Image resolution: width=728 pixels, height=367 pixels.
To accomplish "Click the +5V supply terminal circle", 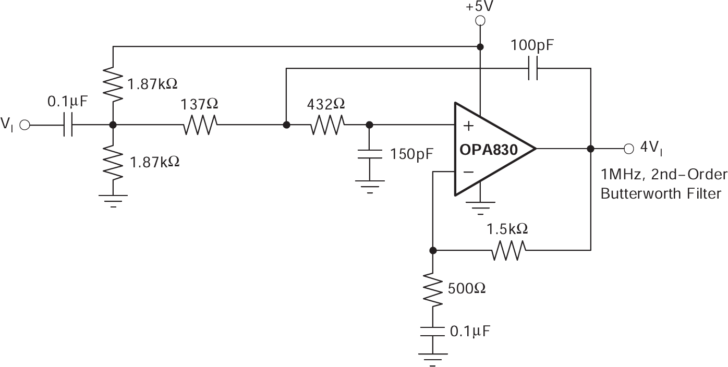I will click(x=480, y=21).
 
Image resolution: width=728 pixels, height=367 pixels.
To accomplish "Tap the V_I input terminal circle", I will click(x=25, y=125).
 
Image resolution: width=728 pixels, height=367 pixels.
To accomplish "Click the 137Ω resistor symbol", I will click(x=200, y=125).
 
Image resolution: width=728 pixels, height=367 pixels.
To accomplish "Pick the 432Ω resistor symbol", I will click(x=327, y=125).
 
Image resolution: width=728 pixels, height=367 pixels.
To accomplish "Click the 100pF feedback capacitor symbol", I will click(x=532, y=68).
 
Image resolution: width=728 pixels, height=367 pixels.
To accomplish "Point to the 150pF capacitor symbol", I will click(x=369, y=154).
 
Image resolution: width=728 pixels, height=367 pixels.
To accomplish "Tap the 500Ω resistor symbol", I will click(x=433, y=288).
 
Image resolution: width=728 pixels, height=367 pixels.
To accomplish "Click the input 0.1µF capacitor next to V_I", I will click(x=68, y=125).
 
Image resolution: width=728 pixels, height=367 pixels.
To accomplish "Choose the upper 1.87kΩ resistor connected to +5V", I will click(x=113, y=82).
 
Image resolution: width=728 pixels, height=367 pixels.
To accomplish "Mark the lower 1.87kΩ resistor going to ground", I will click(x=113, y=161).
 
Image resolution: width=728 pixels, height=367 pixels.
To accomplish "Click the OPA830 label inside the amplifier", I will click(x=488, y=150).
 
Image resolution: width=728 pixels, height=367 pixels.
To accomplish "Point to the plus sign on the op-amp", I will click(x=469, y=126).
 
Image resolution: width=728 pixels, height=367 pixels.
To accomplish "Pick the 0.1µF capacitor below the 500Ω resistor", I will click(x=433, y=332).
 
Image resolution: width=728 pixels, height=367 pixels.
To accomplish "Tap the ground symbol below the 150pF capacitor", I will click(x=369, y=186).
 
